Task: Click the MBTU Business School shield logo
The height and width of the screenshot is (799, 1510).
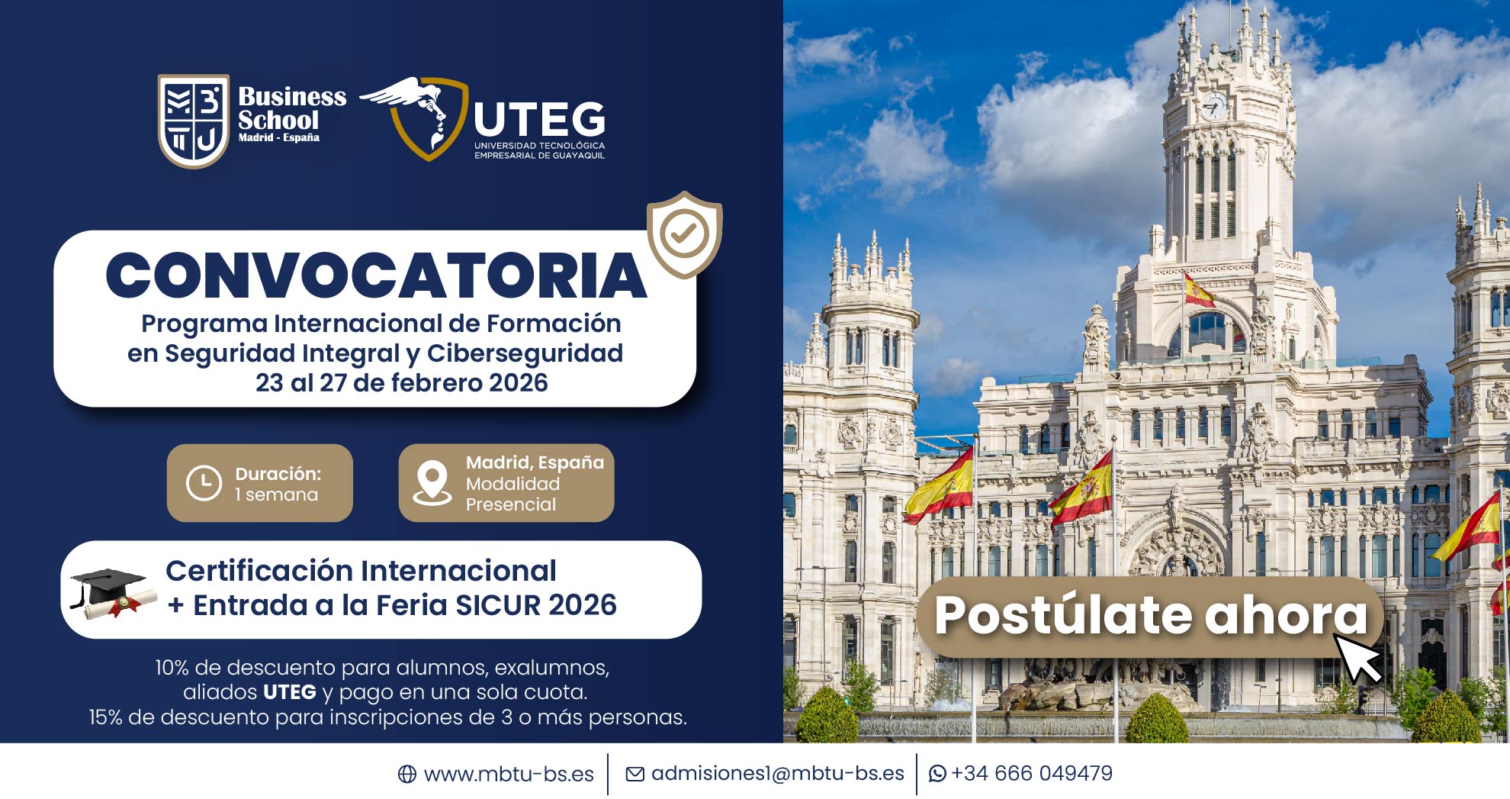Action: point(193,121)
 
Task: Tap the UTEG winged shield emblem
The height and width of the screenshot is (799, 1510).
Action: point(416,117)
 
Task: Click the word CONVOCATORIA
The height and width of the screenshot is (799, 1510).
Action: point(376,275)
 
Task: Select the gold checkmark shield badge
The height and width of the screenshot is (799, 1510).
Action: point(684,234)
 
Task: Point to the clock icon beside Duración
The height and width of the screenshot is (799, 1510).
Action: point(204,483)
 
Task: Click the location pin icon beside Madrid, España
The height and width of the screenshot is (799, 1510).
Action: point(432,483)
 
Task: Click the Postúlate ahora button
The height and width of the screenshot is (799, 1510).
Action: point(1151,615)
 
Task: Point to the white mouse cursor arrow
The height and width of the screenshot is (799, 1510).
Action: point(1357,659)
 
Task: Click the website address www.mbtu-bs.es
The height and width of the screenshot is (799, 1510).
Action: point(509,774)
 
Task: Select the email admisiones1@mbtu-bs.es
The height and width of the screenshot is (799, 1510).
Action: point(778,773)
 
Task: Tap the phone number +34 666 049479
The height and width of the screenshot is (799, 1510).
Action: point(1032,773)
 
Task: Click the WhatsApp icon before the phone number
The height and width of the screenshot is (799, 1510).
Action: point(937,774)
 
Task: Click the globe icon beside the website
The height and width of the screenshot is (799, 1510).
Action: point(407,774)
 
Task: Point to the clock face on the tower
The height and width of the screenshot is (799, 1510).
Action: point(1214,106)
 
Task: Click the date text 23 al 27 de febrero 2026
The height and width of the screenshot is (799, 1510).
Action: point(402,382)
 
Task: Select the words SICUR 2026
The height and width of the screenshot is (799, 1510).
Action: point(536,604)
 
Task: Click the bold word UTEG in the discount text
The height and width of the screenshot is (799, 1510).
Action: point(290,692)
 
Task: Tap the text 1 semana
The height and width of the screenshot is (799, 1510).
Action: point(276,495)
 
